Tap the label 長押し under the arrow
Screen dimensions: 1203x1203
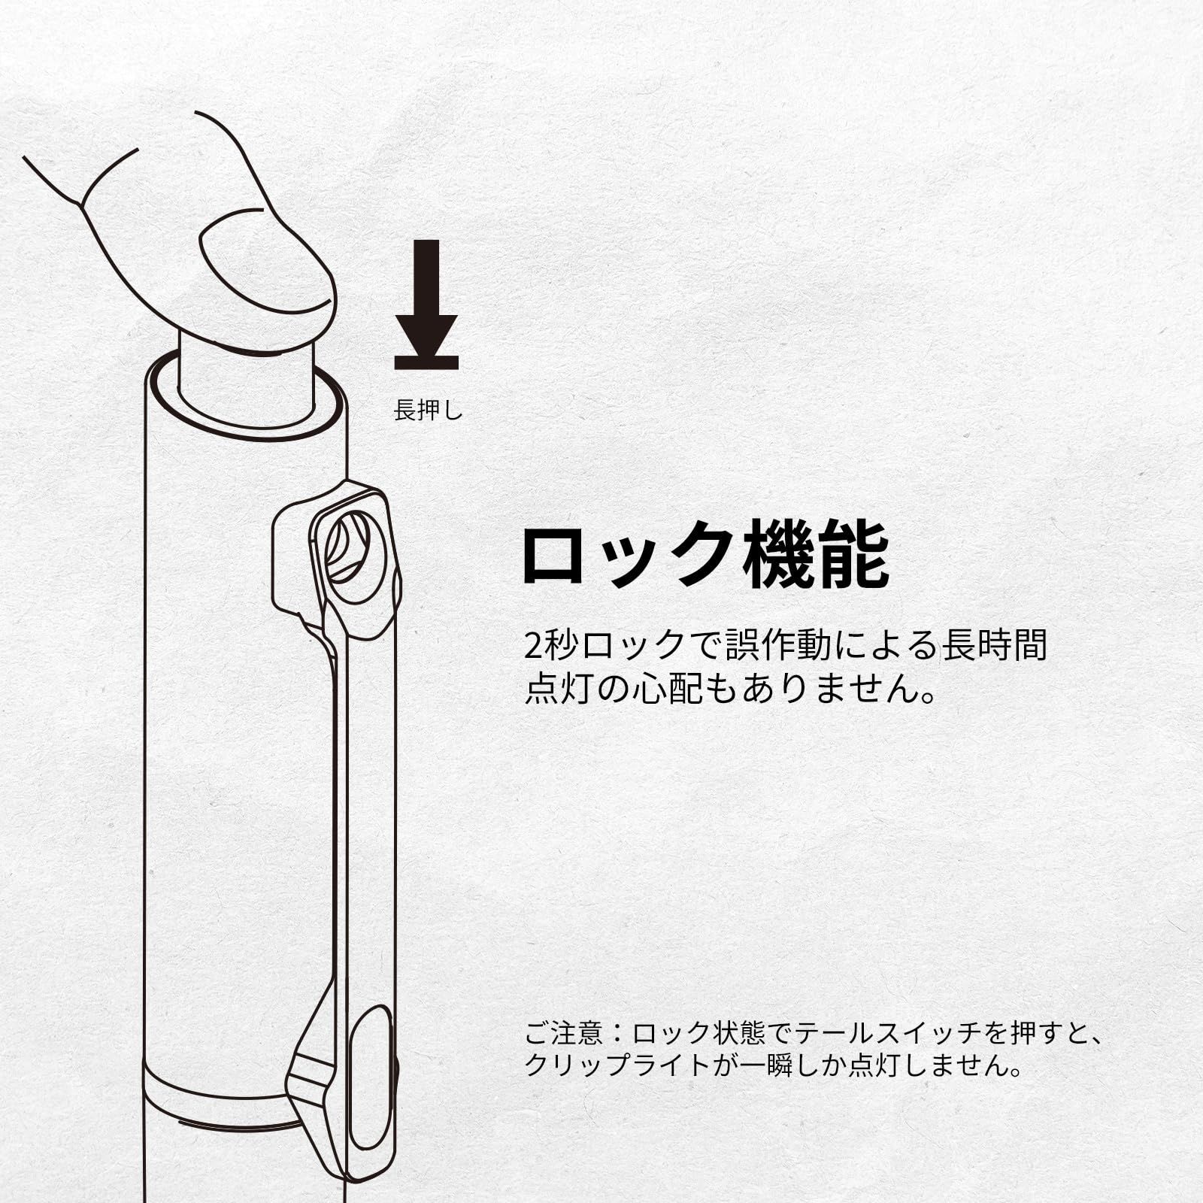tap(429, 411)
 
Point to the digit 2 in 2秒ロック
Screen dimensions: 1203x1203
tap(533, 645)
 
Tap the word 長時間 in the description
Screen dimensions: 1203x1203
tap(995, 645)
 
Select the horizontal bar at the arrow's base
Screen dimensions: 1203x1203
tap(426, 362)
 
